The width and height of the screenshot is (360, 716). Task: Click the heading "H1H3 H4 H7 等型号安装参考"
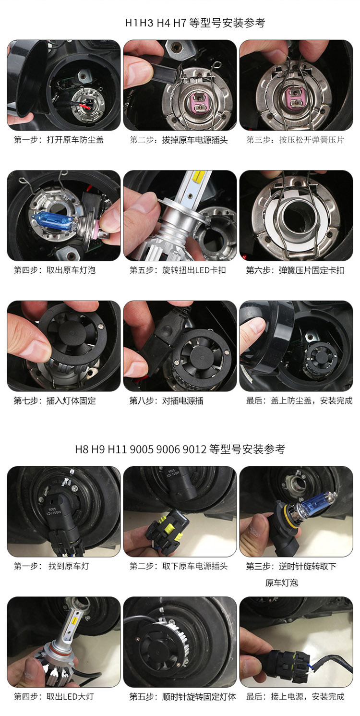tap(195, 23)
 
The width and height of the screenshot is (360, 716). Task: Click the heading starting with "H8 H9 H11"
tap(180, 449)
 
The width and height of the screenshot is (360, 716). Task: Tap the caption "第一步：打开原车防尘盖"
tap(59, 140)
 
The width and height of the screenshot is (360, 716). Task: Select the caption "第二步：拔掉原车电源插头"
tap(179, 140)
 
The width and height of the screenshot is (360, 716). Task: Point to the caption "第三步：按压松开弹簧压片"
tap(295, 140)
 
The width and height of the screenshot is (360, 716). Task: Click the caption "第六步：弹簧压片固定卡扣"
tap(295, 270)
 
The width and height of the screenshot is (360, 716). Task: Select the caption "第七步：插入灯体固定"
tap(55, 400)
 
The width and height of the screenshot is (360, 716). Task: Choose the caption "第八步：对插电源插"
tap(166, 400)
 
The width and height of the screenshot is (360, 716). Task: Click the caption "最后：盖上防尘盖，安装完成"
tap(299, 400)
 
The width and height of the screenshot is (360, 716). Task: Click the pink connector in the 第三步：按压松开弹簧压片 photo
tap(294, 97)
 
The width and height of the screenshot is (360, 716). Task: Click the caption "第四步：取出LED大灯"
tap(54, 696)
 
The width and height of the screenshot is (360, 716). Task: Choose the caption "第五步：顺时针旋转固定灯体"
tap(182, 696)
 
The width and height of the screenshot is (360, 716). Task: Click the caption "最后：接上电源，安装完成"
tap(295, 696)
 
